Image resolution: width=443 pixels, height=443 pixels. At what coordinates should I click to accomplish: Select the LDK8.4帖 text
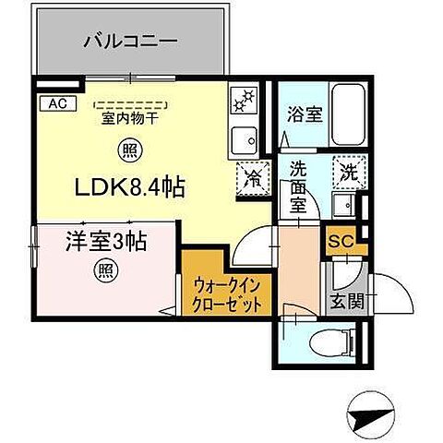coord(129,187)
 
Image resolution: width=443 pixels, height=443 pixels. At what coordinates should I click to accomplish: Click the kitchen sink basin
coord(245,139)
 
